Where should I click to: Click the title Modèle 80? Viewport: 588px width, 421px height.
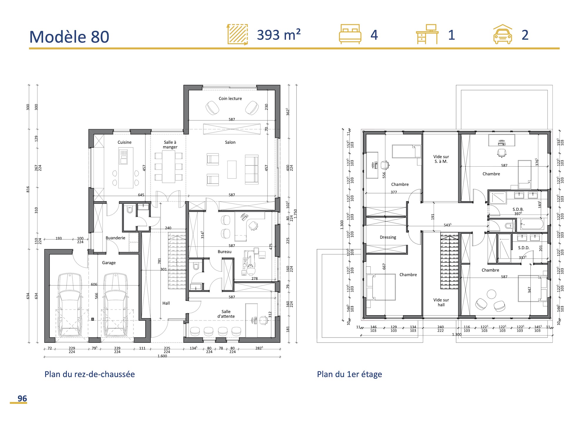pyautogui.click(x=69, y=37)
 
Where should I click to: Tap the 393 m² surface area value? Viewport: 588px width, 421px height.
pyautogui.click(x=279, y=35)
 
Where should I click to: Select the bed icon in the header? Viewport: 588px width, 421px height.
pyautogui.click(x=350, y=34)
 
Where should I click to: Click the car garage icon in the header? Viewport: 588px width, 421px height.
pyautogui.click(x=502, y=34)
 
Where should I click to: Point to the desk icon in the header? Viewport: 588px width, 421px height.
pyautogui.click(x=427, y=34)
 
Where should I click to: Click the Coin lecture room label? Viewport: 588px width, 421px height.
pyautogui.click(x=230, y=98)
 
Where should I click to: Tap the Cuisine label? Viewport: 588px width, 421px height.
pyautogui.click(x=124, y=142)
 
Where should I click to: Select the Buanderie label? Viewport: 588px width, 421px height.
pyautogui.click(x=115, y=238)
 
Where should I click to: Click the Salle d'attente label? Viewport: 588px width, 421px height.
pyautogui.click(x=226, y=314)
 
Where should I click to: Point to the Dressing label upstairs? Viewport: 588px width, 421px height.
pyautogui.click(x=388, y=237)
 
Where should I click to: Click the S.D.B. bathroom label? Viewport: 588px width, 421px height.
pyautogui.click(x=518, y=209)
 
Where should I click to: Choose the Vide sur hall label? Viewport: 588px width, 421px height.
pyautogui.click(x=441, y=302)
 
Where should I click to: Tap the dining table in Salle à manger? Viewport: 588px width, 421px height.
pyautogui.click(x=169, y=167)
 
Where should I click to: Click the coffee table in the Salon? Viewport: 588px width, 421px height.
pyautogui.click(x=232, y=170)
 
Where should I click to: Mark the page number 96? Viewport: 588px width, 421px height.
pyautogui.click(x=22, y=398)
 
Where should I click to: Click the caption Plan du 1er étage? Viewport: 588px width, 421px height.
pyautogui.click(x=349, y=374)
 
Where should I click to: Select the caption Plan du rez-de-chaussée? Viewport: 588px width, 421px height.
pyautogui.click(x=90, y=374)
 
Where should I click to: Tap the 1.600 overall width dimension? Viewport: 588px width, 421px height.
pyautogui.click(x=162, y=356)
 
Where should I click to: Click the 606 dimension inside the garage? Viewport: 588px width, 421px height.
pyautogui.click(x=94, y=284)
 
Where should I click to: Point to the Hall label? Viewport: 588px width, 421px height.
pyautogui.click(x=166, y=303)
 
